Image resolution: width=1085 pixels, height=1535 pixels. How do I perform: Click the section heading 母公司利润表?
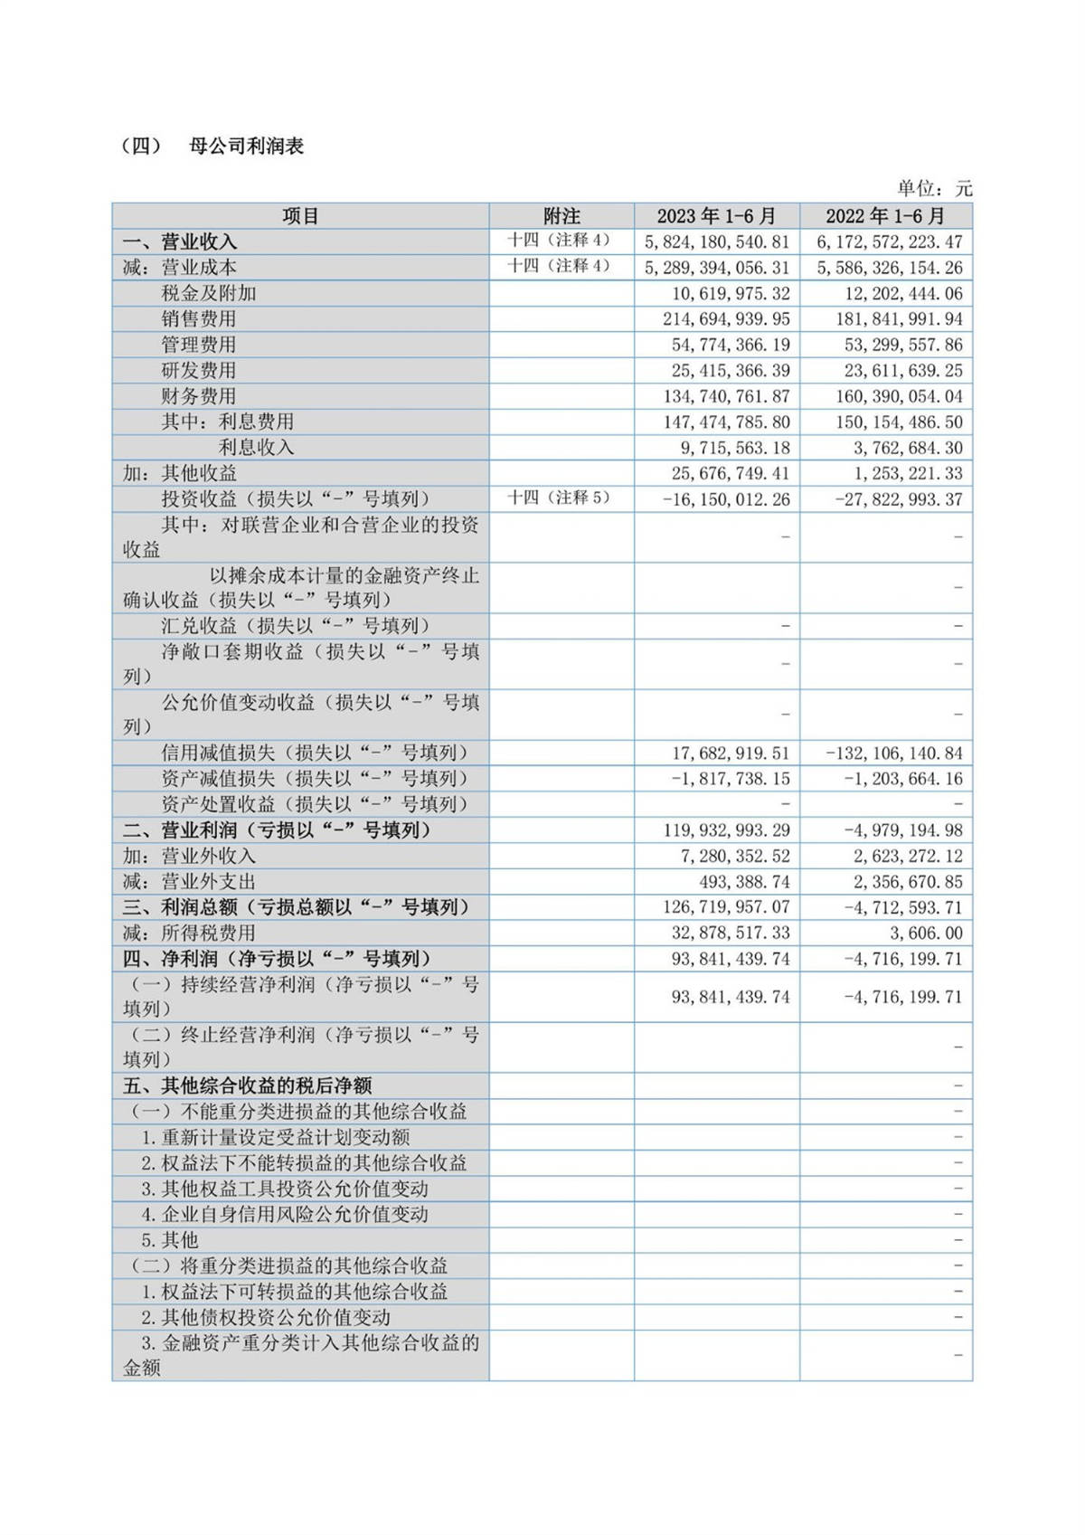[x=246, y=147]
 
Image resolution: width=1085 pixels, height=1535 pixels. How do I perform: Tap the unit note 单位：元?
[x=934, y=188]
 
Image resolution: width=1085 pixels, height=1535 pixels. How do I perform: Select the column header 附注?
[x=561, y=216]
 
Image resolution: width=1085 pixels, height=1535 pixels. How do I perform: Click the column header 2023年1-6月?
[x=716, y=216]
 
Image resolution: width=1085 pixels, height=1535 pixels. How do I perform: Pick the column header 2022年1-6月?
[x=885, y=216]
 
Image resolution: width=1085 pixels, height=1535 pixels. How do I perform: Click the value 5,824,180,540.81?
[x=717, y=242]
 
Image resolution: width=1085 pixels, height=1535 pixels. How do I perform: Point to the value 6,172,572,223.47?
[x=890, y=242]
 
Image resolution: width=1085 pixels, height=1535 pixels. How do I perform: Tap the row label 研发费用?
[x=199, y=371]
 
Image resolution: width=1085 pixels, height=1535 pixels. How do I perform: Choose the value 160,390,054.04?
[x=890, y=396]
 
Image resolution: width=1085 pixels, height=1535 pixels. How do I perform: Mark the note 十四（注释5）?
[x=559, y=497]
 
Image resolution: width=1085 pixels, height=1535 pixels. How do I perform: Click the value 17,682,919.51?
[x=731, y=753]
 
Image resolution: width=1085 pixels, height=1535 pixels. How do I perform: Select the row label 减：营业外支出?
[x=189, y=882]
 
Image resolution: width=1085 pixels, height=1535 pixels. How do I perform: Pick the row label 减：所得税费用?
[x=189, y=933]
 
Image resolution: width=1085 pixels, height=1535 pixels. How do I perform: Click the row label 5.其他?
[x=169, y=1240]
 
